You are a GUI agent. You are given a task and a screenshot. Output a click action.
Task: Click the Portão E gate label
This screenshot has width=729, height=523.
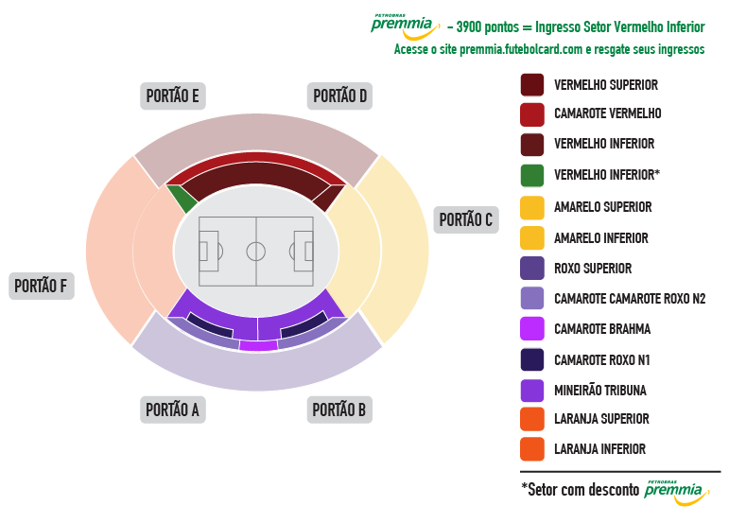(172, 96)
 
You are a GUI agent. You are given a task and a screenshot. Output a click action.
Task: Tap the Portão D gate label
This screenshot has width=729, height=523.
(339, 96)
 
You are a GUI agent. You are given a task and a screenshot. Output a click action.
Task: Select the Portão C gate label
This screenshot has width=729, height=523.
(466, 220)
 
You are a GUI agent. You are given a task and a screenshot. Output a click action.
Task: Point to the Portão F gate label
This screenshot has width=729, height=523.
(41, 286)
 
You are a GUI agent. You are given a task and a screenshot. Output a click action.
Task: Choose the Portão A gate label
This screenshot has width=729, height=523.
(172, 410)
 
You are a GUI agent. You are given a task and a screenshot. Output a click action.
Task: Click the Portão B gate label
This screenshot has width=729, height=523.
(339, 410)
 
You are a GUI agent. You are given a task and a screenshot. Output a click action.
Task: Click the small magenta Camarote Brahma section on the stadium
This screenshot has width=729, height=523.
(258, 345)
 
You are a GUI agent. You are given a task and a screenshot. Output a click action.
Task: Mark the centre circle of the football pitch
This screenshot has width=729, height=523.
(255, 252)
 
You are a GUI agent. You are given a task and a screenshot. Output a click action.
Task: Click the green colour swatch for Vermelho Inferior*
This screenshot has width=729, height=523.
(532, 175)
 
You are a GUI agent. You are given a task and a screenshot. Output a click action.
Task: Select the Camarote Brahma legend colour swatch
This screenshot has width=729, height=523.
(532, 329)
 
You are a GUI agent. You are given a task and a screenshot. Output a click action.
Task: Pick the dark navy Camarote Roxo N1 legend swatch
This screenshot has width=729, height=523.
(532, 359)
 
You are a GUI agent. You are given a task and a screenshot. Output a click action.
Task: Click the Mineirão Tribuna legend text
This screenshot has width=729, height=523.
(600, 391)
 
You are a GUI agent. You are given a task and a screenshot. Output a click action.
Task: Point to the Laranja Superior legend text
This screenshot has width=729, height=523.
(601, 419)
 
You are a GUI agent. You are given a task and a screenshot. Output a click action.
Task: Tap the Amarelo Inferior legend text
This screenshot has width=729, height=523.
(601, 238)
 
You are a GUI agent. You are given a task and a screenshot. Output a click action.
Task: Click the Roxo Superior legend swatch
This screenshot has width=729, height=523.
(532, 269)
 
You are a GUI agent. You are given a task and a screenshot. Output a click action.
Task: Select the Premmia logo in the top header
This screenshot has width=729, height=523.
(405, 27)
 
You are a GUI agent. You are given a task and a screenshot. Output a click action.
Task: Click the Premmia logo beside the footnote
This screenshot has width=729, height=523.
(677, 493)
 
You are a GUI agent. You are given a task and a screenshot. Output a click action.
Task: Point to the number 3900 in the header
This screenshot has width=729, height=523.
(469, 27)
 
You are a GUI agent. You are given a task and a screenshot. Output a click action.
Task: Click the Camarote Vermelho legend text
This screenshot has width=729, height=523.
(608, 113)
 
